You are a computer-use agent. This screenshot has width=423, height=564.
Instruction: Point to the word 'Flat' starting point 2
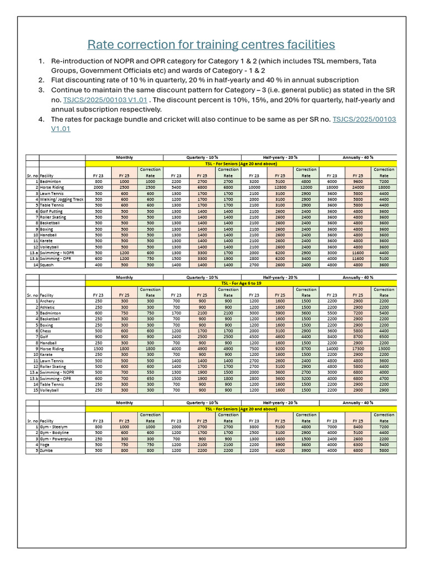(59, 79)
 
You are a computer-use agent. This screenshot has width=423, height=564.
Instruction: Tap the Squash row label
(47, 265)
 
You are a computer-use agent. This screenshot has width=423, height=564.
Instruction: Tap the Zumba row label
(46, 450)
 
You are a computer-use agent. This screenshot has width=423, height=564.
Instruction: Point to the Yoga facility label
(45, 444)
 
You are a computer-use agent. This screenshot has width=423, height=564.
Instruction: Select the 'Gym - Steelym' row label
(54, 426)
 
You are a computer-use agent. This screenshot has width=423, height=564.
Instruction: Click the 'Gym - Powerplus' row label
(56, 438)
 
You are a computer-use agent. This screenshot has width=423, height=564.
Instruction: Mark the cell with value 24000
(358, 187)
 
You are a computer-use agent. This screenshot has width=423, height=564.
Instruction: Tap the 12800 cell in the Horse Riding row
(279, 187)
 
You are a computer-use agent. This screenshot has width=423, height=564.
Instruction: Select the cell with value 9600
(358, 181)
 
